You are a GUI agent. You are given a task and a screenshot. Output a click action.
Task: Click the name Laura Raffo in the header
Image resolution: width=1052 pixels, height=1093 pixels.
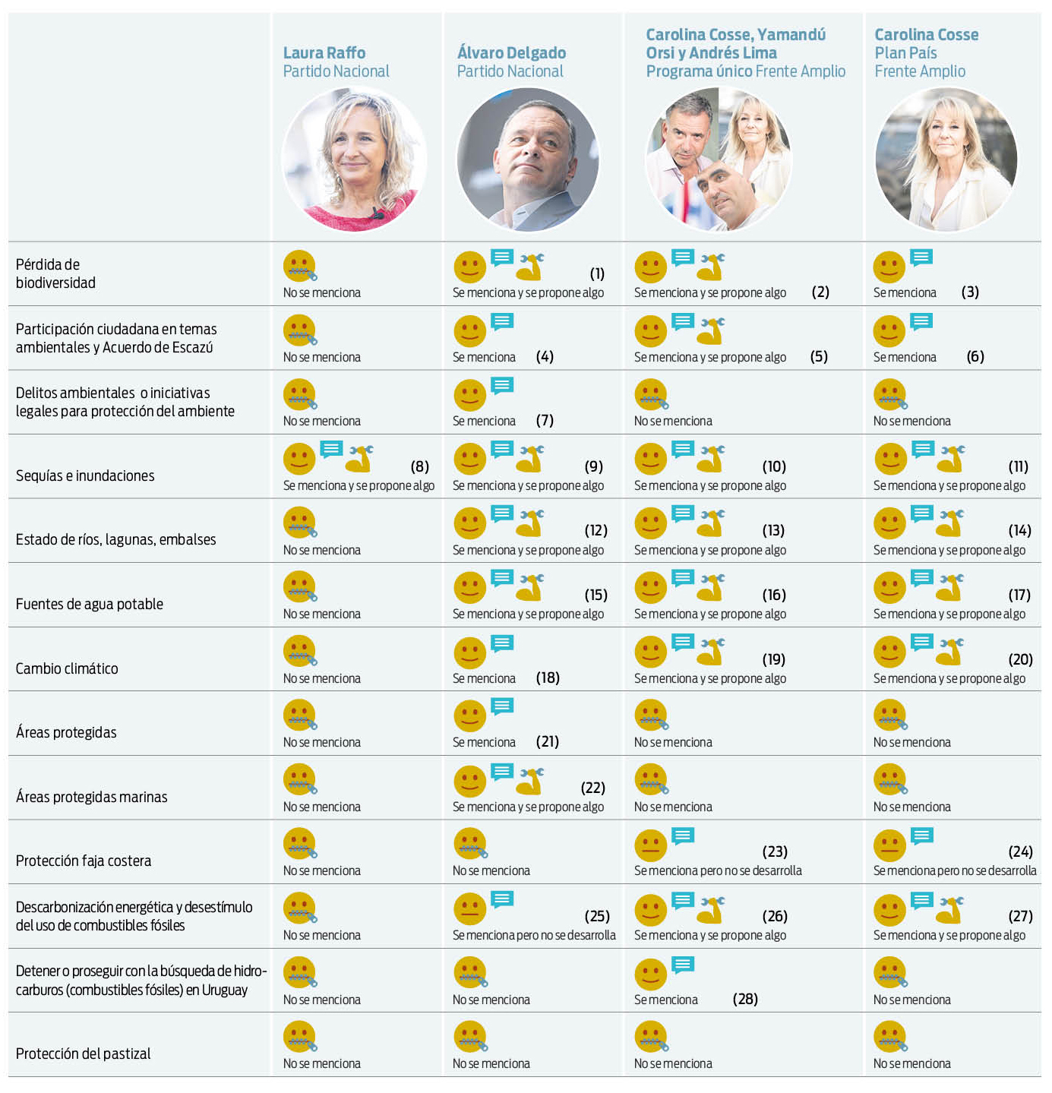[324, 52]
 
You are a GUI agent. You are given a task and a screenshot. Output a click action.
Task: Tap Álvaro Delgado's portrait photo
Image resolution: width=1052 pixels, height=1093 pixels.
[528, 160]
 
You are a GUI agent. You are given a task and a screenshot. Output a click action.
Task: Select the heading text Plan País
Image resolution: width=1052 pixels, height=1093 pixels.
[905, 53]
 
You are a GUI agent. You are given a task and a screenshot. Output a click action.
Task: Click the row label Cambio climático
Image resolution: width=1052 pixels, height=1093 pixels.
[67, 668]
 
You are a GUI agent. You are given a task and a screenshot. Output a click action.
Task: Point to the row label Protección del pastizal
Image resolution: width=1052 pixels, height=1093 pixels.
[83, 1054]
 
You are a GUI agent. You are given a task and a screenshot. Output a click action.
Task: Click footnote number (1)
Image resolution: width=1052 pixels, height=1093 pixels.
[597, 273]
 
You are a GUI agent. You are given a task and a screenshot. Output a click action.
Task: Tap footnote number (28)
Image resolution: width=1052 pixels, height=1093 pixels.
[745, 999]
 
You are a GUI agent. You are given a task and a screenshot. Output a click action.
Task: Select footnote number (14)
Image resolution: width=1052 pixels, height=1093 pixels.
[1019, 530]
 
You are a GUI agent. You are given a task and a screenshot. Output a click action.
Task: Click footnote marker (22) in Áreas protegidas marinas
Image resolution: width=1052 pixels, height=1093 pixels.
[593, 788]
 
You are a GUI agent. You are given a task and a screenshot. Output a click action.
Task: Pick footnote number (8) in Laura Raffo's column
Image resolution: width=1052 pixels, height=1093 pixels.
[419, 466]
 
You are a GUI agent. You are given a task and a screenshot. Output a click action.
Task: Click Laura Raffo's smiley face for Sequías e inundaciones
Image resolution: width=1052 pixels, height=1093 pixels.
[299, 459]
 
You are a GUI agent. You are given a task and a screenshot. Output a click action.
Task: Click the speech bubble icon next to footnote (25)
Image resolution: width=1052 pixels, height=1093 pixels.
[502, 900]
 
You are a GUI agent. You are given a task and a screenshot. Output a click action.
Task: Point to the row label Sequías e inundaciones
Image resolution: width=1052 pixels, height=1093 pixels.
[85, 475]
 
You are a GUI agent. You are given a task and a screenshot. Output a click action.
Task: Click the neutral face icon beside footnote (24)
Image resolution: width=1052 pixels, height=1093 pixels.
[889, 845]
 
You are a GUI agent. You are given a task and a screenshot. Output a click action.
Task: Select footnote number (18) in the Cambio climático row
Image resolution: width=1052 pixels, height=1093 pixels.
[548, 678]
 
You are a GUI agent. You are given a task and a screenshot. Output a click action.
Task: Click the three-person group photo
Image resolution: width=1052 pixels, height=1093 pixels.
[718, 160]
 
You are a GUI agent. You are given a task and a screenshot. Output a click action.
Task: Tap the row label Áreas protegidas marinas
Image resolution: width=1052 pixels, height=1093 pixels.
[91, 797]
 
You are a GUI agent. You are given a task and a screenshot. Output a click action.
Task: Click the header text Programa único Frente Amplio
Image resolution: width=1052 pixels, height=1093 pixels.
[745, 71]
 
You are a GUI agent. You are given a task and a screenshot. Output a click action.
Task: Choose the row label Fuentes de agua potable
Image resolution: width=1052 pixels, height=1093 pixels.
[90, 604]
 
